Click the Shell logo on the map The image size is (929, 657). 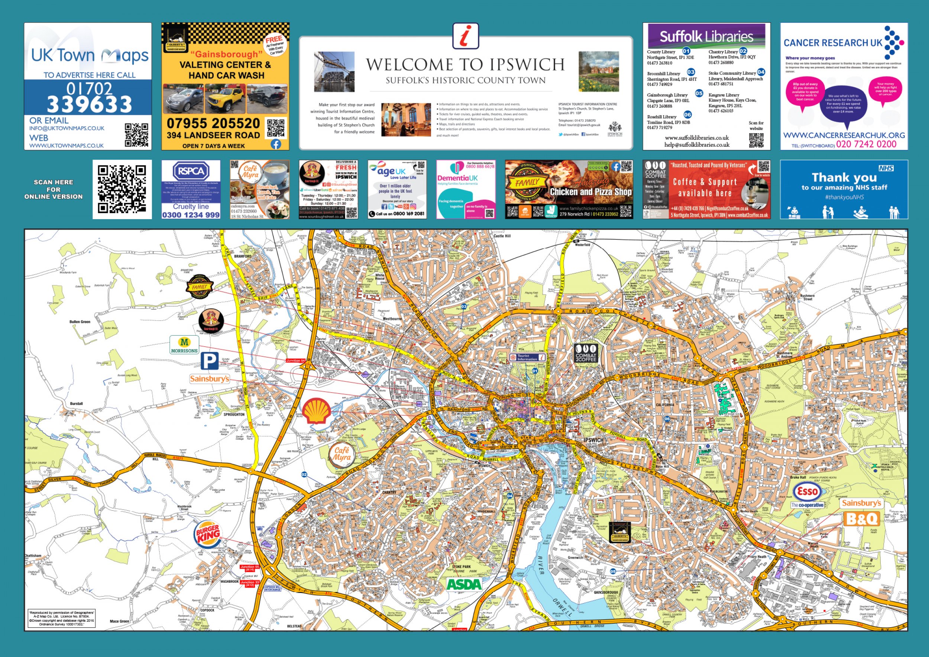click(317, 411)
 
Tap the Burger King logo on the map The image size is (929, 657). click(208, 536)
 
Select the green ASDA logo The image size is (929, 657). click(464, 584)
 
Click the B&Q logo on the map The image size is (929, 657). click(862, 519)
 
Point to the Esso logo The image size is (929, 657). click(807, 492)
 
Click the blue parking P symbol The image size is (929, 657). click(210, 361)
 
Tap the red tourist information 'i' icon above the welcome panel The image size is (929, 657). click(466, 36)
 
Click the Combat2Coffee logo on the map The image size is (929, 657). click(586, 353)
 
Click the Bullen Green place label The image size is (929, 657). click(80, 322)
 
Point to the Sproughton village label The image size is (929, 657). click(234, 414)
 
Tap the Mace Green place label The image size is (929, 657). click(119, 621)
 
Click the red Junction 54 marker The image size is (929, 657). click(295, 361)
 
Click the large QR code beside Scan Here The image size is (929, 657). click(122, 189)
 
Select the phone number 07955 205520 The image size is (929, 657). click(213, 123)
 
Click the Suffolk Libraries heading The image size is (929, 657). click(706, 37)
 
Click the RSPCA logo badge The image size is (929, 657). click(191, 171)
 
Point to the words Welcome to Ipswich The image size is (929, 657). click(465, 65)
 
